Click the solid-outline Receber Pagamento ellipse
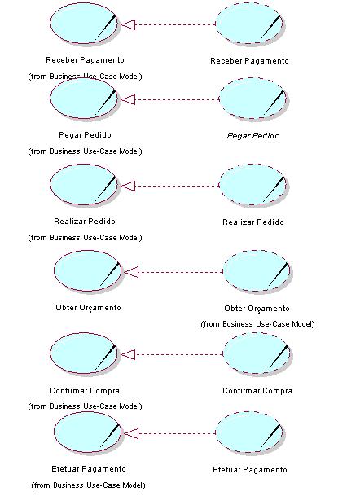(x=84, y=24)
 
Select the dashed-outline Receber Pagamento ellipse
(x=249, y=23)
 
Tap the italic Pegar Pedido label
(x=253, y=136)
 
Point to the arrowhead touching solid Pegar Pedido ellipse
(x=128, y=99)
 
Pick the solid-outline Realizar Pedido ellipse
(x=84, y=184)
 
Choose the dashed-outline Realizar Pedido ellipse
(x=253, y=185)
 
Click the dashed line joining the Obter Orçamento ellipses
(x=181, y=272)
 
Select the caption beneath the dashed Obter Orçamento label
(x=257, y=324)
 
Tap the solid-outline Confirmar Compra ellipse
(x=84, y=353)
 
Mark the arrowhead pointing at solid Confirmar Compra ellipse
(x=128, y=354)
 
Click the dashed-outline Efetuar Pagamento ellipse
(x=249, y=432)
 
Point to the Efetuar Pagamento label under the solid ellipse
(x=89, y=469)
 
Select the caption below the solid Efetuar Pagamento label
(x=88, y=485)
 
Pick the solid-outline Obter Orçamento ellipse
(x=88, y=270)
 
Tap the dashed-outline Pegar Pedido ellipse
(x=253, y=99)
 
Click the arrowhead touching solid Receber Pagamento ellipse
(x=128, y=24)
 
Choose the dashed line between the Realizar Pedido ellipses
(x=178, y=186)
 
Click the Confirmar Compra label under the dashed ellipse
(x=257, y=391)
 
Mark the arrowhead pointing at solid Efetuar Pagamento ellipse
(x=131, y=433)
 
